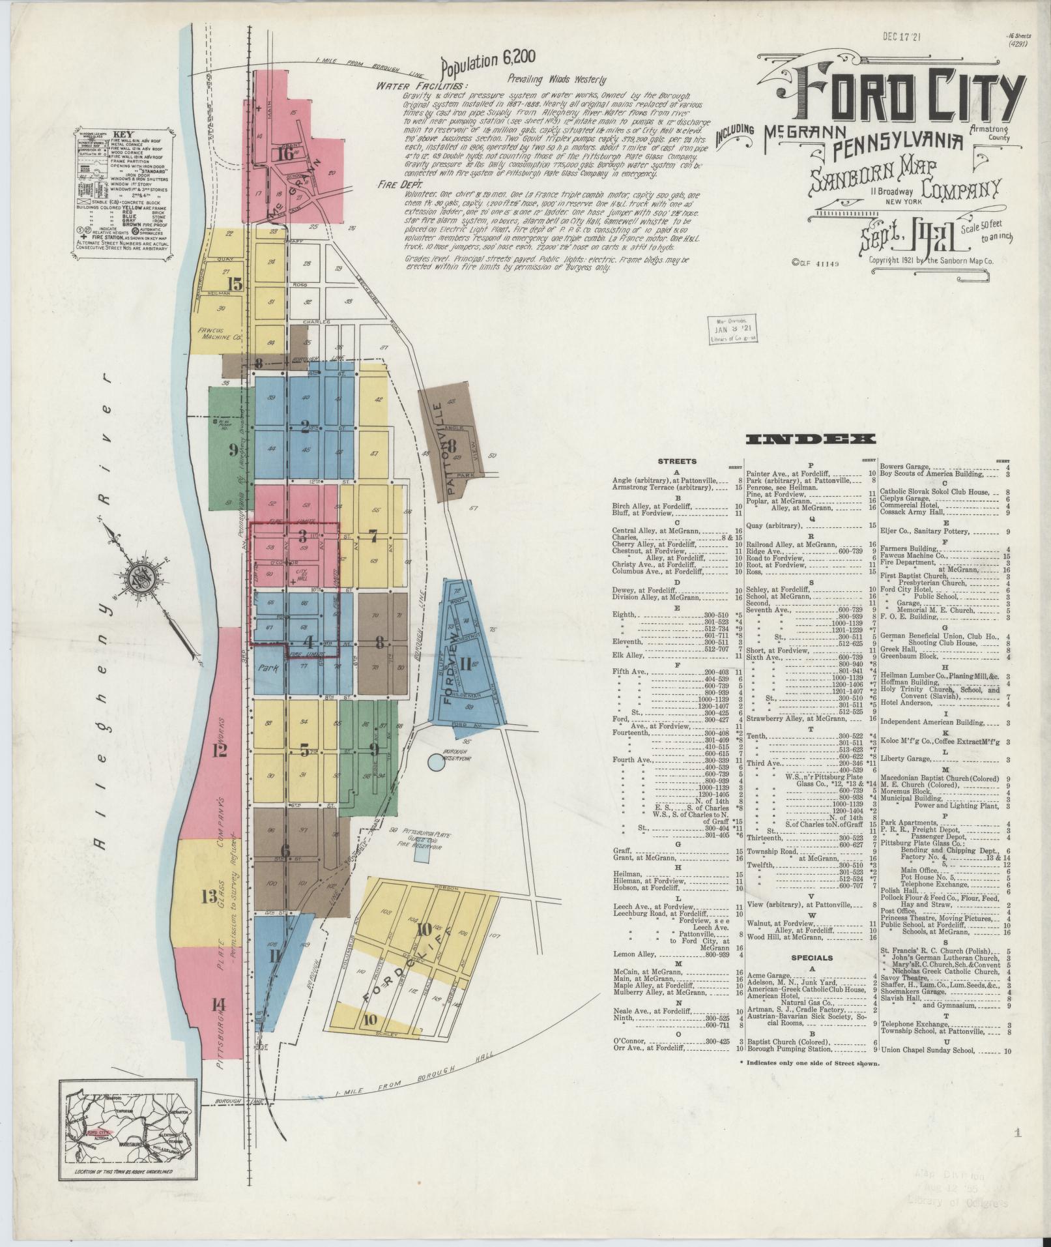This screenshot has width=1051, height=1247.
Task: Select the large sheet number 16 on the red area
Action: tap(285, 154)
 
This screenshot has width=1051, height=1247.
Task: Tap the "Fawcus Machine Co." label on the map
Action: tap(220, 334)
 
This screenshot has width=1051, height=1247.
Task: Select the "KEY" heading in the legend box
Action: tap(120, 131)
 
